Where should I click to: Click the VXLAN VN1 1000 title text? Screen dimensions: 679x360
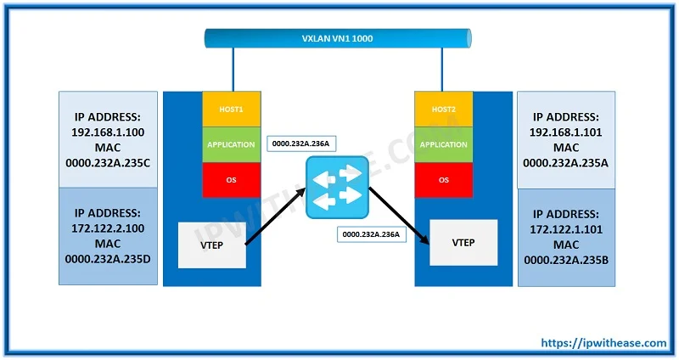tap(337, 38)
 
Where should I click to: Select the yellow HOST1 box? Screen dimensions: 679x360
tap(232, 110)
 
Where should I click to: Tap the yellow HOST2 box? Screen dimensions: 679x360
tap(443, 110)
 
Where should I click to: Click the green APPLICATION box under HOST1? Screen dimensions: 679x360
tap(232, 144)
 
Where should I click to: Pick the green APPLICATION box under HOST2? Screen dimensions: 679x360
tap(443, 144)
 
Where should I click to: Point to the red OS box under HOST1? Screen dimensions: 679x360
tap(232, 180)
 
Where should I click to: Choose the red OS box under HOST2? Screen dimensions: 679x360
tap(443, 180)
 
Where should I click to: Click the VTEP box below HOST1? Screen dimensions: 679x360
tap(212, 245)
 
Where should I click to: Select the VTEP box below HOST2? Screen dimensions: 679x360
tap(463, 243)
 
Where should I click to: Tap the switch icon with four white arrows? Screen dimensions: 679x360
tap(337, 187)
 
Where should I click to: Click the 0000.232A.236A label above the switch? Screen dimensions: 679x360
tap(301, 143)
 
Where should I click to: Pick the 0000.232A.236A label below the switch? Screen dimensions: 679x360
tap(371, 234)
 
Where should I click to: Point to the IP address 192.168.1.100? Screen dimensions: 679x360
tap(108, 132)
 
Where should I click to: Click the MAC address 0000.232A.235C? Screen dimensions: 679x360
tap(108, 163)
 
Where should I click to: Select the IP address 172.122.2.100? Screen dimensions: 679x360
tap(108, 228)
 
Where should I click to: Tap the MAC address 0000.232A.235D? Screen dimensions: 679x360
tap(108, 259)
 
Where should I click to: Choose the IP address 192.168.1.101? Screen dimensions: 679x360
tap(566, 132)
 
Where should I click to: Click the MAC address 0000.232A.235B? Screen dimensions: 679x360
tap(566, 260)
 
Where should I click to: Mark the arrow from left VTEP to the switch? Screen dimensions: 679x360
tap(276, 217)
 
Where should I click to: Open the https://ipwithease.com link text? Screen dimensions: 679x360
tap(603, 343)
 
